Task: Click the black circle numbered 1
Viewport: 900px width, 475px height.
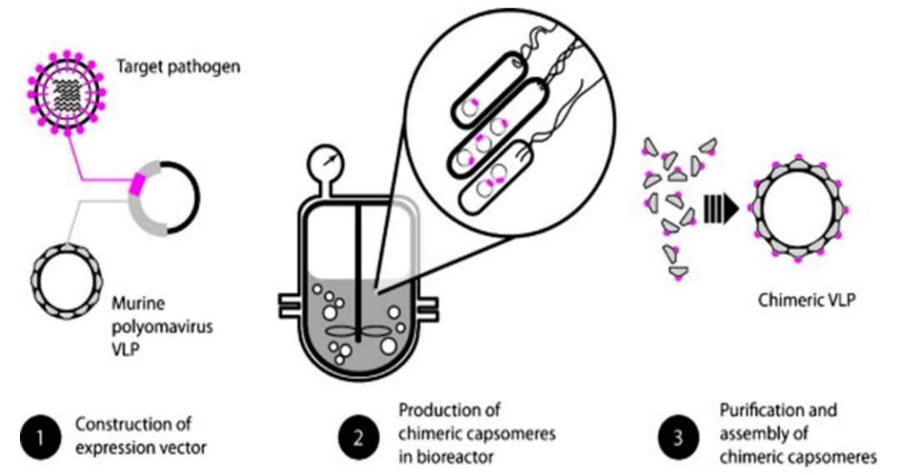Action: pos(40,438)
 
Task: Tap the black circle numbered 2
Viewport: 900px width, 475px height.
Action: pos(358,438)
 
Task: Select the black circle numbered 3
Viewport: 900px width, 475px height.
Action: pos(677,438)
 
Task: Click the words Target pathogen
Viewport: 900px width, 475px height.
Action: pos(178,67)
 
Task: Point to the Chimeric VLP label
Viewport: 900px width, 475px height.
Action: pos(807,299)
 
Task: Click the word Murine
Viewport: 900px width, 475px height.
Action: pos(137,302)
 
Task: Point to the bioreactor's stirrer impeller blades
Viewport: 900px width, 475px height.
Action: pos(356,332)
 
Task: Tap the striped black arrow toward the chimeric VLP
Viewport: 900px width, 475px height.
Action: pos(721,209)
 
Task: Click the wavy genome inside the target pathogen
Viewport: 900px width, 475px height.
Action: pos(67,94)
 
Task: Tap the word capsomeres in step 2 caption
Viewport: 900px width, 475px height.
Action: pos(511,433)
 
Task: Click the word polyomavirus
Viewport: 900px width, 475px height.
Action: pos(162,327)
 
